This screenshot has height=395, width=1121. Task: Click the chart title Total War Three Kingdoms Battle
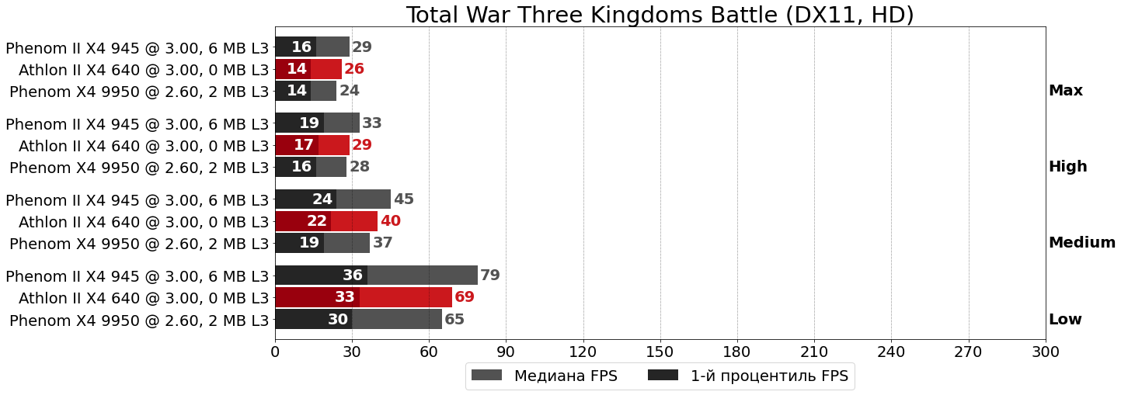660,15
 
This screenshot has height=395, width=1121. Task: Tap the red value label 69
465,297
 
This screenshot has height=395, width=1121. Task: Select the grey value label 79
490,275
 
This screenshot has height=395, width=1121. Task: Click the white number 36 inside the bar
353,275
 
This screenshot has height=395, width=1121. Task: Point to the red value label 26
354,69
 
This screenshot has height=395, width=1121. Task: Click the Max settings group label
1065,91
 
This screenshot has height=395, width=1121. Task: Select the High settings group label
1067,167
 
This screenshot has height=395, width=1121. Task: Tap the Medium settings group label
1081,243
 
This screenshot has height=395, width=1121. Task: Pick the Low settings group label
1065,320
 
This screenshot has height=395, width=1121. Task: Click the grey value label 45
404,199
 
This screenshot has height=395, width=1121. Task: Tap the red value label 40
391,221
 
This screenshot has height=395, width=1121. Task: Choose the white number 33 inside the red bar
345,297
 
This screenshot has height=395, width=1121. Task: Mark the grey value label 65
454,320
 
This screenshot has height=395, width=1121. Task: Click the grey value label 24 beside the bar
350,91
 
